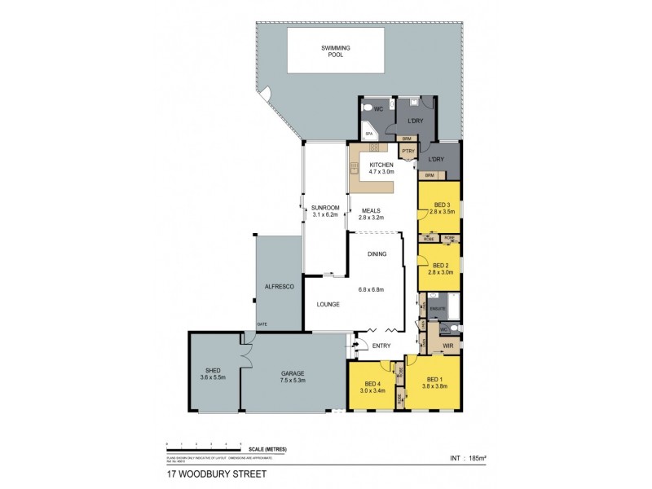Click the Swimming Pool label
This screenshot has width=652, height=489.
coord(335,51)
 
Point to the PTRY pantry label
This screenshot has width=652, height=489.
coord(407,150)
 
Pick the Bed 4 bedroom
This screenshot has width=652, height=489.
coord(372,387)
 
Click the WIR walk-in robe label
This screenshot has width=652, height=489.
coord(447,346)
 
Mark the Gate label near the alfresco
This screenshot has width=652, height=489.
coord(262,324)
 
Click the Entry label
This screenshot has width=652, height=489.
coord(381,346)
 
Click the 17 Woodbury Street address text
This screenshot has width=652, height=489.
coord(216,473)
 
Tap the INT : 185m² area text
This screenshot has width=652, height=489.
coord(461,458)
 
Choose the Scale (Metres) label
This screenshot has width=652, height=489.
coord(268,450)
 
